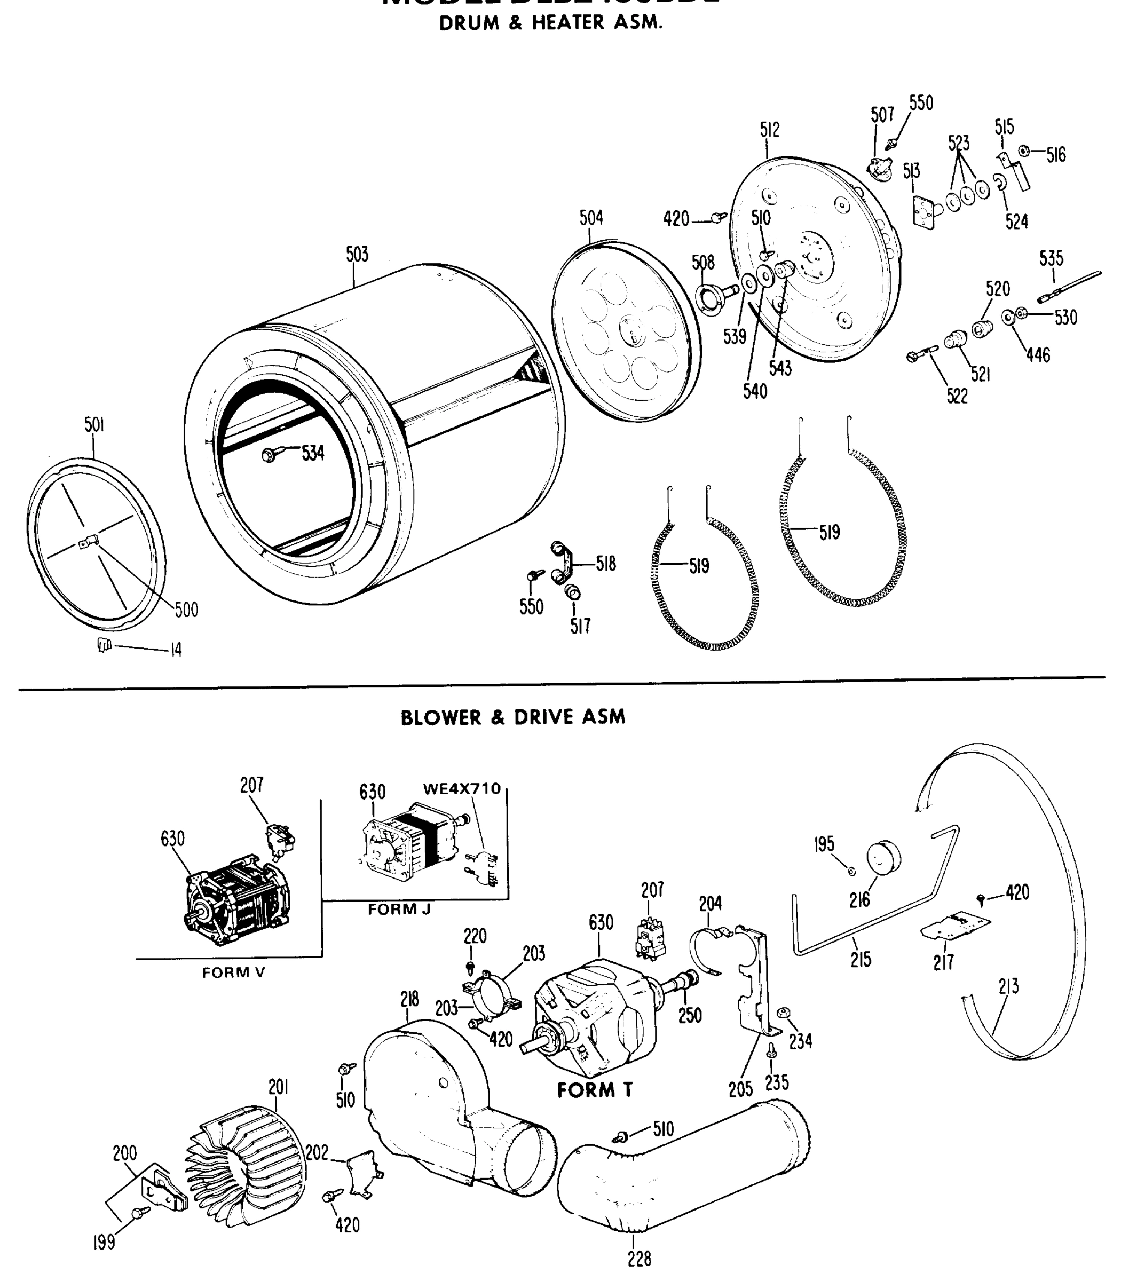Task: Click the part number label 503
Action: (357, 255)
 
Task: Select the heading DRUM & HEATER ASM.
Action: (550, 23)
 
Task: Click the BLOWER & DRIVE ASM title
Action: (513, 717)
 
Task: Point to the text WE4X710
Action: (462, 789)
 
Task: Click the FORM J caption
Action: (399, 910)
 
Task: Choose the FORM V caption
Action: (233, 972)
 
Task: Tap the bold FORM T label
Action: (594, 1091)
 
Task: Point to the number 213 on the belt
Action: (1008, 986)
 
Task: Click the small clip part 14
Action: (104, 644)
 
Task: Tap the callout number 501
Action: (94, 425)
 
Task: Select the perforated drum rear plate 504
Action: (626, 331)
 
